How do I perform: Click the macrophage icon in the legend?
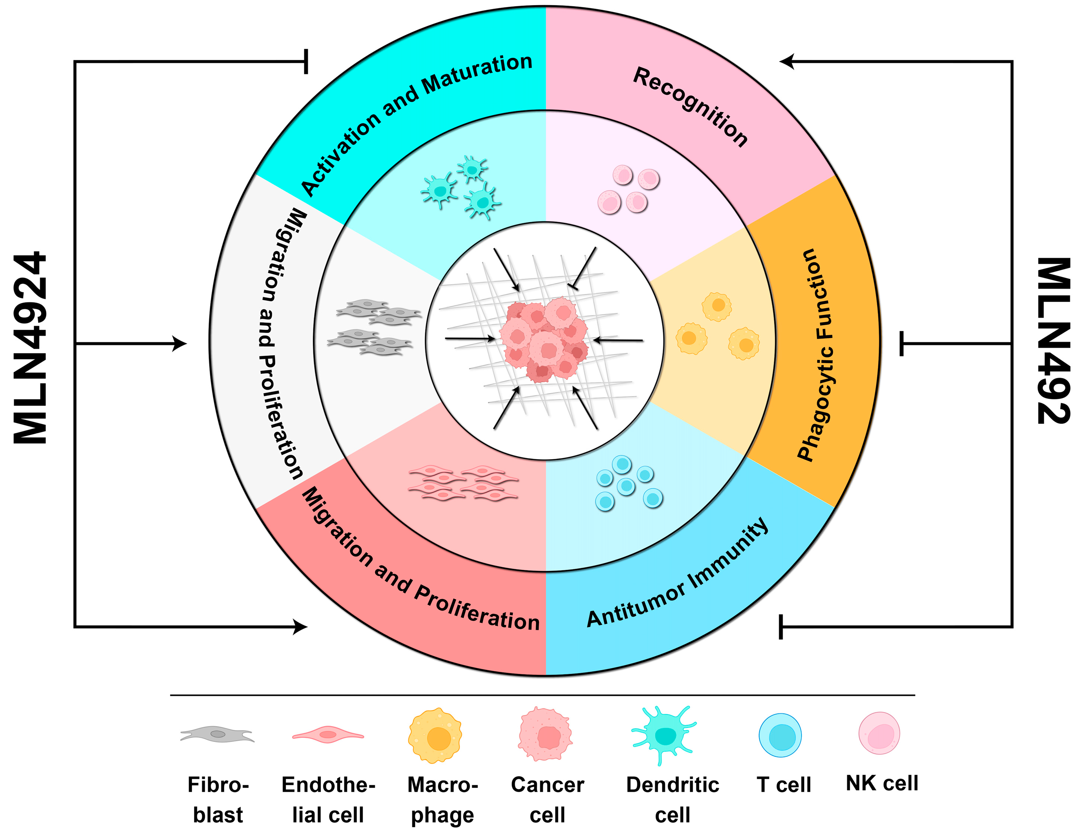[435, 735]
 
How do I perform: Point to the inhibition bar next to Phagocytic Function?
[902, 343]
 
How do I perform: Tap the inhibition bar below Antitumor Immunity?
[781, 627]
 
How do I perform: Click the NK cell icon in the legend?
[879, 733]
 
